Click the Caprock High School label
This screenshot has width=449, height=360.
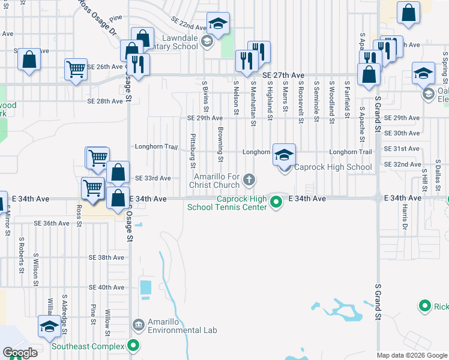point(333,167)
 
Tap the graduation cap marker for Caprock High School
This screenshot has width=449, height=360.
point(285,155)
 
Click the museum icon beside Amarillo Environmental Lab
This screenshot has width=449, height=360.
point(139,325)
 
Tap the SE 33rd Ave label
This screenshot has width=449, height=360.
point(152,178)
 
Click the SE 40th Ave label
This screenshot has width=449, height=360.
point(106,287)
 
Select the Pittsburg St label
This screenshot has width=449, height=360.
point(193,151)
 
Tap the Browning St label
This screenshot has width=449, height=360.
point(221,145)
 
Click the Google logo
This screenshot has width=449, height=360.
point(20,353)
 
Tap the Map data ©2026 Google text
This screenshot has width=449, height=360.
point(412,355)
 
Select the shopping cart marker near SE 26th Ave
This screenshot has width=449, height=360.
point(76,70)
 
